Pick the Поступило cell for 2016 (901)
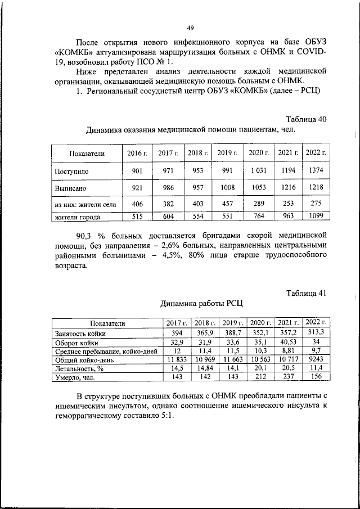tap(137, 170)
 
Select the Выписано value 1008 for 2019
tap(228, 188)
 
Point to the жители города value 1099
tap(316, 216)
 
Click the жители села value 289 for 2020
tap(259, 205)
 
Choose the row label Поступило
tap(71, 170)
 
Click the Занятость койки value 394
tap(174, 333)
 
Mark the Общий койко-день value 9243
tap(316, 358)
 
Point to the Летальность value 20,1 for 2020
tap(260, 367)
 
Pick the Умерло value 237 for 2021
tap(289, 376)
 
